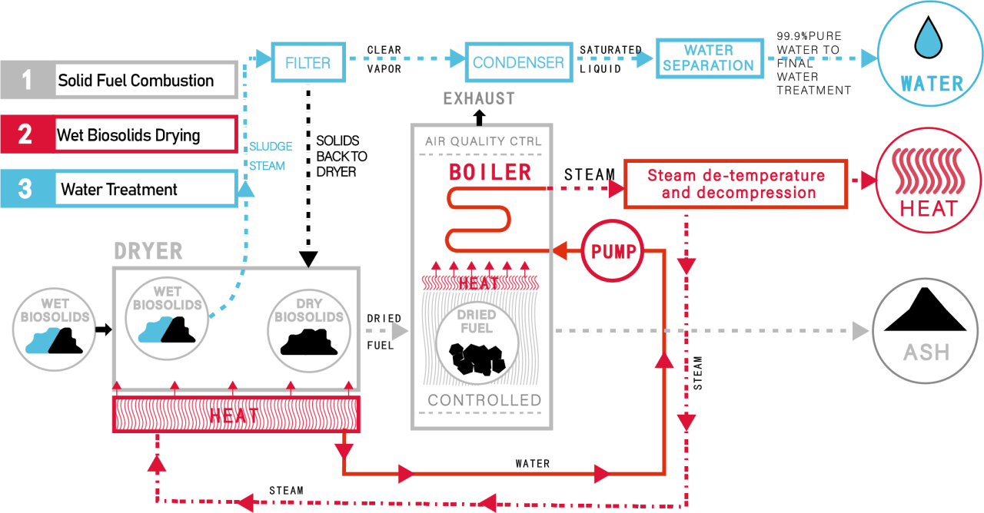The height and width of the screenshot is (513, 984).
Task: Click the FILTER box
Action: pyautogui.click(x=307, y=62)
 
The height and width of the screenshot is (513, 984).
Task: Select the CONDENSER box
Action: pyautogui.click(x=518, y=62)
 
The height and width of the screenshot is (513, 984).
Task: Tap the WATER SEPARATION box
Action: pyautogui.click(x=708, y=58)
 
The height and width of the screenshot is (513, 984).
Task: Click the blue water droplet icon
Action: pyautogui.click(x=931, y=39)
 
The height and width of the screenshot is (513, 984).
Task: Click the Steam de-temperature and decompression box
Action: pyautogui.click(x=736, y=184)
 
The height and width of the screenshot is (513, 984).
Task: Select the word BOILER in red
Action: pyautogui.click(x=490, y=172)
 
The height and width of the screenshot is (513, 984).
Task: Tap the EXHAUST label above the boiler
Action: pyautogui.click(x=479, y=99)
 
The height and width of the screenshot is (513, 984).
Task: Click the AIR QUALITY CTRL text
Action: pyautogui.click(x=483, y=141)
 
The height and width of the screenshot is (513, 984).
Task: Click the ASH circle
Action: pyautogui.click(x=926, y=331)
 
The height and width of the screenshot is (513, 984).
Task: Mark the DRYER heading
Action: pyautogui.click(x=148, y=251)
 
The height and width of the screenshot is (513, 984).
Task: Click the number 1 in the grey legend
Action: pyautogui.click(x=28, y=79)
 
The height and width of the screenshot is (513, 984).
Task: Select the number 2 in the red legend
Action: pyautogui.click(x=26, y=134)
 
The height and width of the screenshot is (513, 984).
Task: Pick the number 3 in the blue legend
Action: pyautogui.click(x=26, y=188)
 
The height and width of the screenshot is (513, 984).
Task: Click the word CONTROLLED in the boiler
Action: pyautogui.click(x=484, y=400)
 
